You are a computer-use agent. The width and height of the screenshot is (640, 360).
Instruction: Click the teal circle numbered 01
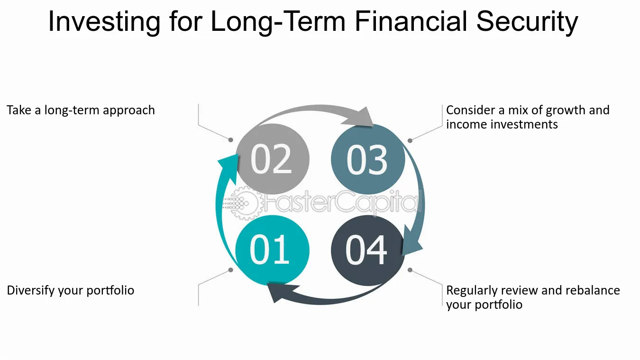[x=272, y=250]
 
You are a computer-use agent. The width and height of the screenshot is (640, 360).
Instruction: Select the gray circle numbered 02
[x=273, y=159]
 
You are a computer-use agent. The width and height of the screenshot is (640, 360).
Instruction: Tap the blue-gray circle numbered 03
[x=368, y=159]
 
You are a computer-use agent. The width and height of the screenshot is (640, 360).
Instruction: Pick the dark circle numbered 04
[x=368, y=250]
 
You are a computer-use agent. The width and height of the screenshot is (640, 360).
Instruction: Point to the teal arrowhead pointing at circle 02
[x=229, y=168]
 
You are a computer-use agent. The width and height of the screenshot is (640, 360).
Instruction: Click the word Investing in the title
[x=104, y=22]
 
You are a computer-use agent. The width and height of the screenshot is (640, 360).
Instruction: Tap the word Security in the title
[x=527, y=22]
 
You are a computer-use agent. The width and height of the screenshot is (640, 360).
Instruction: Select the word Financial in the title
[x=411, y=21]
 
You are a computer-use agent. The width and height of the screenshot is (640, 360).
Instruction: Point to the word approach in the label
[x=129, y=111]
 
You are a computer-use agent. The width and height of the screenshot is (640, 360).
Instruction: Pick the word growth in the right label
[x=566, y=111]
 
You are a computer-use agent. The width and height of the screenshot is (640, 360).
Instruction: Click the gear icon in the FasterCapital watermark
[x=243, y=203]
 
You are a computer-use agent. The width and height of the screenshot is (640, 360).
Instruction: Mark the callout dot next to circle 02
[x=230, y=140]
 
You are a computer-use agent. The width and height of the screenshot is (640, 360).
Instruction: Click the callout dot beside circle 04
[x=410, y=270]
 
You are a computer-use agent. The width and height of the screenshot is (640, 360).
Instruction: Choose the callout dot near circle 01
[x=231, y=270]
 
